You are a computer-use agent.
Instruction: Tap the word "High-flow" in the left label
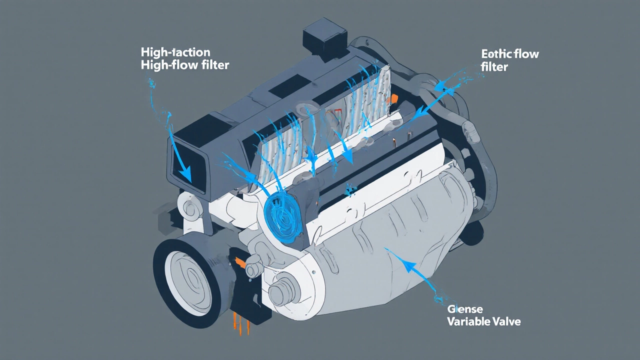pos(162,65)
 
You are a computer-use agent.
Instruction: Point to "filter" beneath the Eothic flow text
pos(494,66)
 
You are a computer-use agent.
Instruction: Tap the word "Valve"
pos(505,321)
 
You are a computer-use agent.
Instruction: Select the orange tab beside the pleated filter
pos(394,99)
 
